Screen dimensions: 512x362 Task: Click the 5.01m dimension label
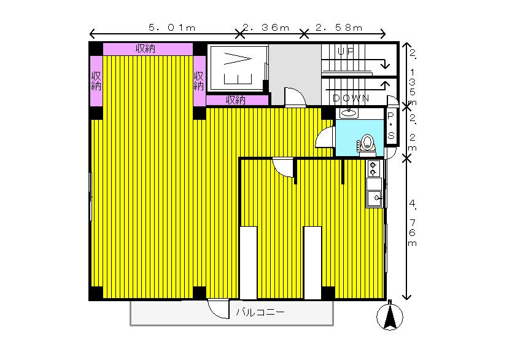[172, 28]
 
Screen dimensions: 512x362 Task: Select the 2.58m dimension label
[339, 28]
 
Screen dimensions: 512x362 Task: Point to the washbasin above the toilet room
[349, 113]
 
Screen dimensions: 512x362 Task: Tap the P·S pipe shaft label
[391, 126]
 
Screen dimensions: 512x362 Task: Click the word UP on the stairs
[346, 52]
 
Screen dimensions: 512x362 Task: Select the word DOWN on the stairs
[351, 98]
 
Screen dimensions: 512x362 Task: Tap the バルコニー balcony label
[260, 312]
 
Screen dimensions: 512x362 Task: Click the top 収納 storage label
[145, 49]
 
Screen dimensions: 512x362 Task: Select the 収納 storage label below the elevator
[236, 100]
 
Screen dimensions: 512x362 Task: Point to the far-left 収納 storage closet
[96, 81]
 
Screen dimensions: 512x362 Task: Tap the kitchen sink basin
[374, 198]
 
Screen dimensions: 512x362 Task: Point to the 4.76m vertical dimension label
[413, 223]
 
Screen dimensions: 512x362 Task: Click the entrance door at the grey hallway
[295, 98]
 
